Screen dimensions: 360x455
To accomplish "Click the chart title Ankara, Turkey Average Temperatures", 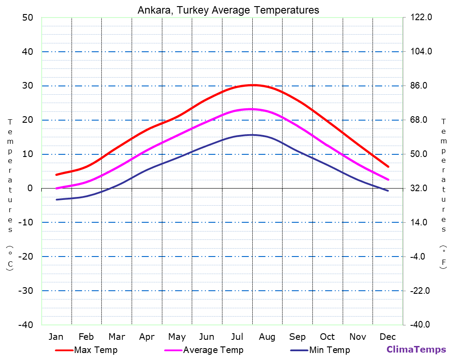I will (228, 10).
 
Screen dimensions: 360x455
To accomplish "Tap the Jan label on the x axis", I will (56, 337).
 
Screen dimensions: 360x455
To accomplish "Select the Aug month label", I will (267, 337).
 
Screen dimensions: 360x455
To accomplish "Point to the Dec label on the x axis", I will (388, 337).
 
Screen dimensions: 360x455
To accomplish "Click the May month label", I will (177, 337).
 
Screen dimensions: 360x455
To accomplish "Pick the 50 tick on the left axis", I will (28, 18).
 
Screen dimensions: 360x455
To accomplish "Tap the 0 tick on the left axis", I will (30, 188).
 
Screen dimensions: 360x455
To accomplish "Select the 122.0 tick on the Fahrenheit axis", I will (422, 18).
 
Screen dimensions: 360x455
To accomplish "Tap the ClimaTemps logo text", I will (416, 349).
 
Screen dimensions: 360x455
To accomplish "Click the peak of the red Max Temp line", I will (253, 85).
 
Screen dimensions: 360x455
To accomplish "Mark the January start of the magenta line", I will (56, 188).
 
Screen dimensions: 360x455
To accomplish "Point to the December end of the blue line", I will (388, 191).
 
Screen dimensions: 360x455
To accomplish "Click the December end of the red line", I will (388, 167).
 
